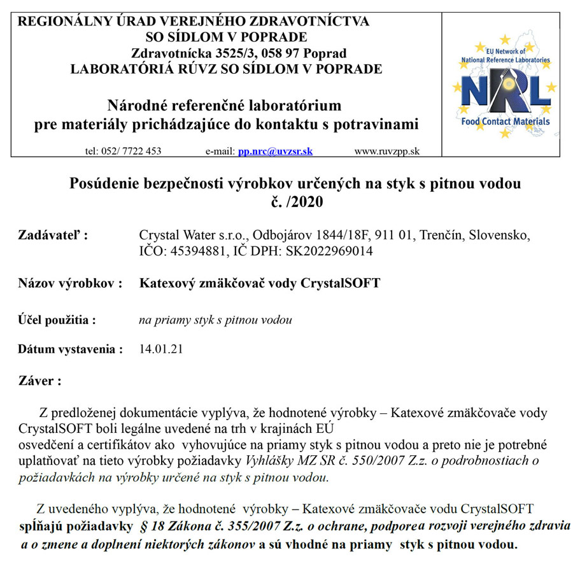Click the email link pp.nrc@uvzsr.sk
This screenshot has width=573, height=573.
coord(275,152)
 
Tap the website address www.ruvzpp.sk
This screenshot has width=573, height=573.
coord(386,152)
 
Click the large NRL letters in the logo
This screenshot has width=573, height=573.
coord(506,92)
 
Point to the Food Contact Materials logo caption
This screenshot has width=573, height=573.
coord(506,121)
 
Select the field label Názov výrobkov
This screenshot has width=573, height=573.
coord(69,283)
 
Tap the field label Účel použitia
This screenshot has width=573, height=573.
coord(57,320)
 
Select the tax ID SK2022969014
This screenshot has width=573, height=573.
coord(332,251)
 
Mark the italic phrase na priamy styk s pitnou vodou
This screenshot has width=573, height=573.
coord(215,320)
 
